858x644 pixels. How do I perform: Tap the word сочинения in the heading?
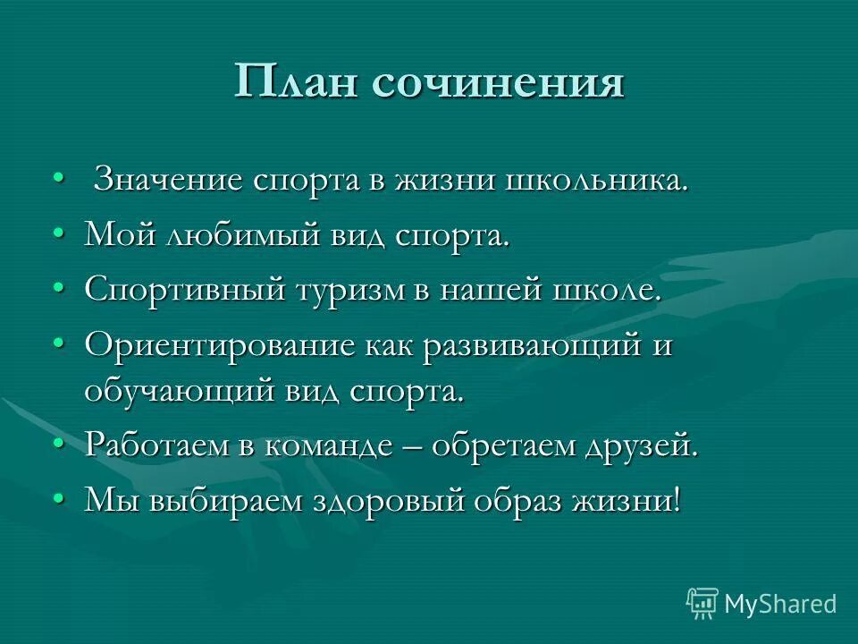pos(496,84)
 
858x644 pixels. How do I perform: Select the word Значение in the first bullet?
pos(169,180)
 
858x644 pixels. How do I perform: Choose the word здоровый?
pos(389,501)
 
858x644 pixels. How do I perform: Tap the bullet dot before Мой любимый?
pos(59,233)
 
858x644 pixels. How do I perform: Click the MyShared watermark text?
pos(779,604)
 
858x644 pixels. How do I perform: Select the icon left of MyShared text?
pos(702,602)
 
